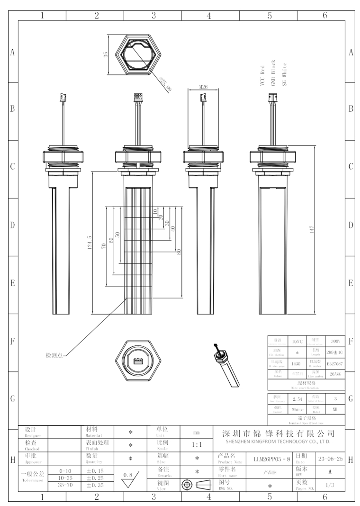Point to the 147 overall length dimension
pyautogui.click(x=312, y=230)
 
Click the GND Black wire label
pyautogui.click(x=273, y=71)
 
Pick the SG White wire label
pyautogui.click(x=284, y=71)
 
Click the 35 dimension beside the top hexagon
pyautogui.click(x=105, y=54)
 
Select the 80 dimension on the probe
pyautogui.click(x=179, y=251)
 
